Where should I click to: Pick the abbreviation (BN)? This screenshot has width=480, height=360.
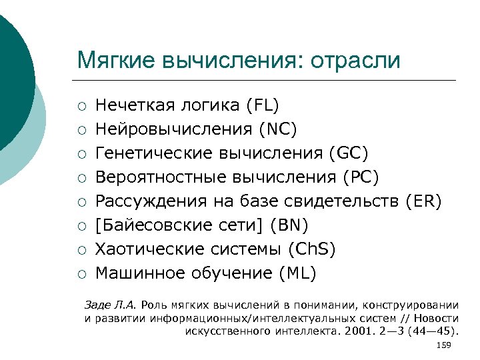290,225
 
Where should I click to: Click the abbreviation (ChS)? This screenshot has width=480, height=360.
312,249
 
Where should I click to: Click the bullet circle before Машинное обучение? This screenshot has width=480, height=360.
81,273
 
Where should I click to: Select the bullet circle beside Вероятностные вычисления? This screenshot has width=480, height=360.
81,177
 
